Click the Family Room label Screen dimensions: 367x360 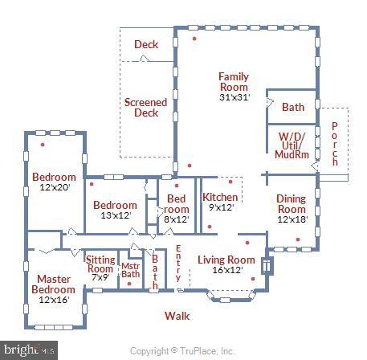pos(234,82)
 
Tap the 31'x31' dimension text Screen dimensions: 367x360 pos(234,97)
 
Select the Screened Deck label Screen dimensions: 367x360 pos(146,108)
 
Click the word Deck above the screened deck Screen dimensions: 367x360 pos(146,44)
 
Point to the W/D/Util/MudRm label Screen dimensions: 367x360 pos(292,145)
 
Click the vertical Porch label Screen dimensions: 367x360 pos(335,144)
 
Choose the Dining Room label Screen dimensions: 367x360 pos(292,204)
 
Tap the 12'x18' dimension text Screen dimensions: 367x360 pos(292,219)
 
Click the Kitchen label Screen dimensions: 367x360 pos(220,197)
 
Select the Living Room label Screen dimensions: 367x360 pos(226,260)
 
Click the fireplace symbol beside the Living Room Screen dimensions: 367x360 pos(267,266)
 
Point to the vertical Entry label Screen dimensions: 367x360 pos(178,263)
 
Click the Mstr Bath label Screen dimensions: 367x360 pos(131,270)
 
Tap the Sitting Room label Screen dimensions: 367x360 pos(100,264)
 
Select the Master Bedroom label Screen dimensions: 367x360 pos(54,284)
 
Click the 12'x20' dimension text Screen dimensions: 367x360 pos(55,187)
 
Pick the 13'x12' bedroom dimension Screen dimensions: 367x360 pos(116,215)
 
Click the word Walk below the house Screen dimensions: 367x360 pos(177,316)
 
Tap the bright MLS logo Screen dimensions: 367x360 pos(29,350)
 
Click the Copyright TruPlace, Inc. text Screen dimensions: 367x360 pos(182,351)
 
